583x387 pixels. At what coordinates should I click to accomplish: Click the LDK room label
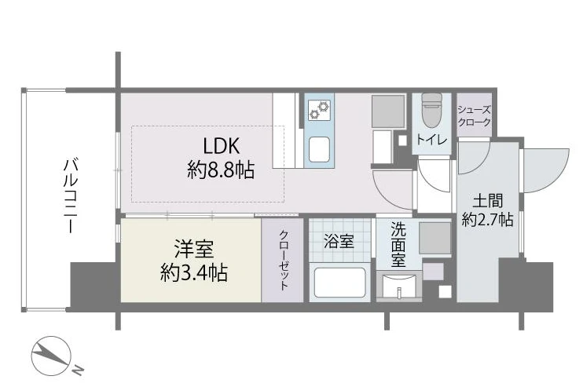222,146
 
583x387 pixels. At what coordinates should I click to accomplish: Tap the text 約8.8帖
221,170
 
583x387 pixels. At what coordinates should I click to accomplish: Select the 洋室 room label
194,249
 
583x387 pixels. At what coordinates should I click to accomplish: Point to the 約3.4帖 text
194,273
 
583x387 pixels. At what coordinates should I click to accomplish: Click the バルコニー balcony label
71,195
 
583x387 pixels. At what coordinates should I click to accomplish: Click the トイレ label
431,139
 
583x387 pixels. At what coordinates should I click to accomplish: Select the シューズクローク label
474,115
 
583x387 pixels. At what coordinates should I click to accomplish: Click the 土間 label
487,201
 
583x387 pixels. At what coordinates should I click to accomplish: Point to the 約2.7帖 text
487,220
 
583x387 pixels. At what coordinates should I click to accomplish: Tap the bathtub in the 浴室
340,283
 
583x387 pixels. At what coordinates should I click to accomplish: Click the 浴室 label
339,242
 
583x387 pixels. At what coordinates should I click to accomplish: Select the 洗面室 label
398,245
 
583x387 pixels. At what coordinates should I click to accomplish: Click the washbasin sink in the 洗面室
399,285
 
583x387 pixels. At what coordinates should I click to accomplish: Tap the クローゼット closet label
284,260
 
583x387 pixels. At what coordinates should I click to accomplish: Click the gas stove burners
319,110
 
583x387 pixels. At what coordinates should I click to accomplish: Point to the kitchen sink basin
319,149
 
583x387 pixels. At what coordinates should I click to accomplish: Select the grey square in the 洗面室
435,238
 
